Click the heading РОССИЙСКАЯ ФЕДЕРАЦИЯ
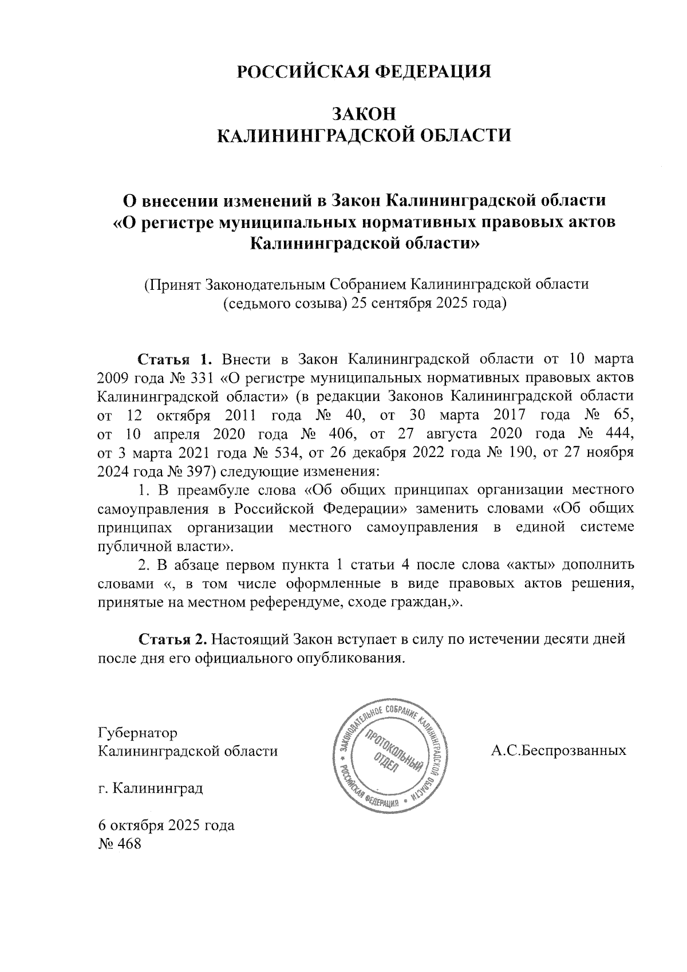(x=364, y=72)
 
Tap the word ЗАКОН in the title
(x=364, y=113)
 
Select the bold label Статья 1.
(x=174, y=360)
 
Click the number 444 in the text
(x=620, y=434)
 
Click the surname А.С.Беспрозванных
(x=558, y=750)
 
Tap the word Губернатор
(x=138, y=733)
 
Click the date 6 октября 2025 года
(x=167, y=826)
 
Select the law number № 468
(x=120, y=844)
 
